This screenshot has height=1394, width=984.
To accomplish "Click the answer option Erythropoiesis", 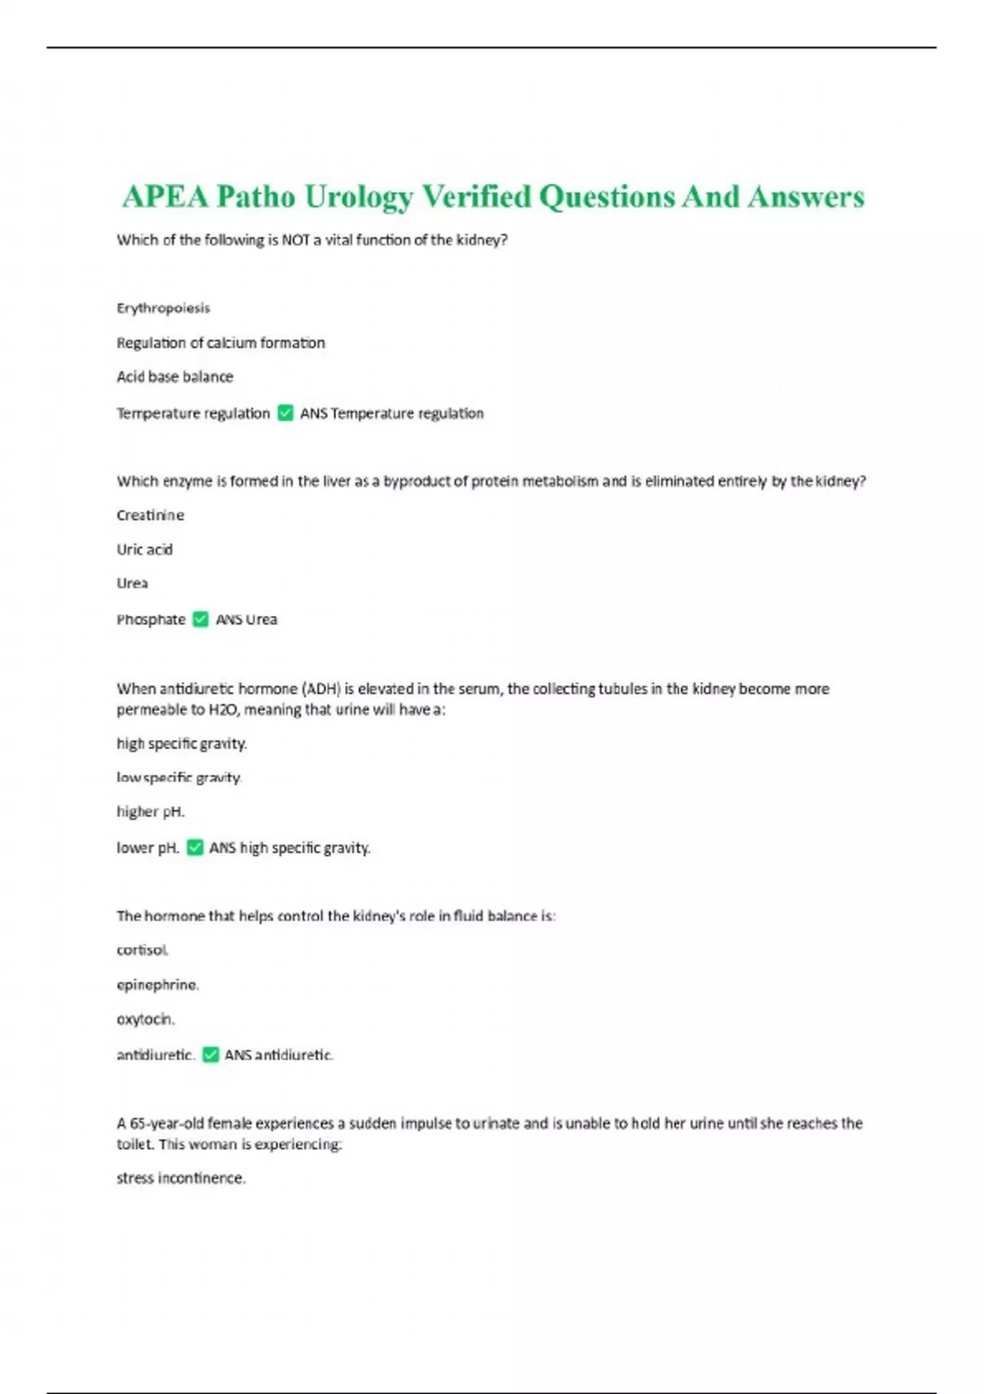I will [163, 308].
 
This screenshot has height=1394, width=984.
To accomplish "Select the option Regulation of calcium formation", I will [221, 343].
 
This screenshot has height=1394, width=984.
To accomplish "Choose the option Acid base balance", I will [175, 377].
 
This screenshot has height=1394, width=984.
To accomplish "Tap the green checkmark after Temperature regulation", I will [285, 413].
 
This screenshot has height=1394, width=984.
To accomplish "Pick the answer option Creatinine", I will [150, 515].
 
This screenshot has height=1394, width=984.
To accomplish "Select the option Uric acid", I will [144, 549].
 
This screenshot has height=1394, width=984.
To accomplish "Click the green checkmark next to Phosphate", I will [201, 619].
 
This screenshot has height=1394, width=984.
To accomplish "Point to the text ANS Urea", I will [246, 620].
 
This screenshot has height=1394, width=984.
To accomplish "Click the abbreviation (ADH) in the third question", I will [321, 689].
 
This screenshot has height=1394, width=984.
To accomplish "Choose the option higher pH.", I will [150, 812].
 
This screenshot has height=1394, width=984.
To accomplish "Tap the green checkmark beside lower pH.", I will [195, 847].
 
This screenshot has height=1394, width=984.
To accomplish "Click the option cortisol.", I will [142, 950].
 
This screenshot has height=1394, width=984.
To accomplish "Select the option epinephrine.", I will [157, 985].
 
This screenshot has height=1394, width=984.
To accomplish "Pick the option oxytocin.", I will [145, 1019].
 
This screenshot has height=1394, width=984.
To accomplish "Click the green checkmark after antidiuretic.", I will [211, 1055].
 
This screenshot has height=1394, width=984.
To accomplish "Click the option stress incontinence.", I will [180, 1178].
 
